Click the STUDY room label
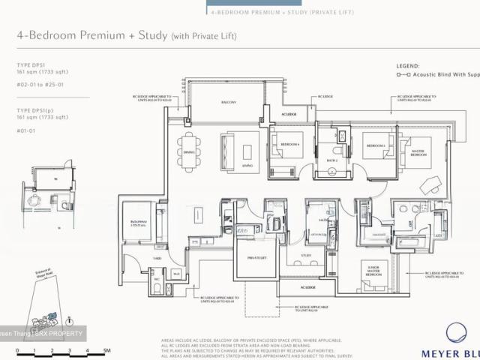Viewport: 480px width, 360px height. pos(305,255)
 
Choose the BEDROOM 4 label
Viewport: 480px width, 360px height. pos(289,144)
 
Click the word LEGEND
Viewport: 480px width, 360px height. pos(409,66)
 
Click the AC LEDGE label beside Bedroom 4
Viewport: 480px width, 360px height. pos(289,115)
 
